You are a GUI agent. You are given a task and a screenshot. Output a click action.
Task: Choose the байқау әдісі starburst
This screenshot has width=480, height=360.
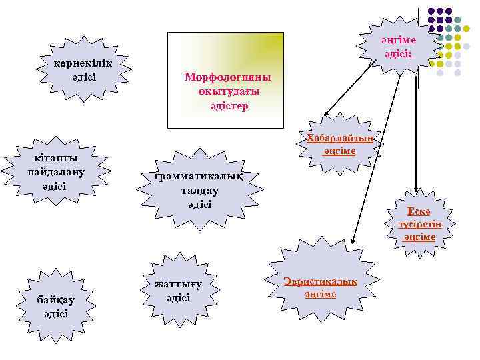pos(56,306)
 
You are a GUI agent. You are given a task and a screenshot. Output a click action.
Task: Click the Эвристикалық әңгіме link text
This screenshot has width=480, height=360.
pos(320,287)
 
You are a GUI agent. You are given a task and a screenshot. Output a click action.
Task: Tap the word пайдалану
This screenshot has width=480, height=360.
pos(56,171)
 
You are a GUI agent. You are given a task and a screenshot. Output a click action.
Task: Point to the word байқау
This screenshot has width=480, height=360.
pos(56,299)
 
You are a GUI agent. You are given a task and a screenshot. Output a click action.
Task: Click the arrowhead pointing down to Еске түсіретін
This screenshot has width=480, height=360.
pos(416,192)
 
